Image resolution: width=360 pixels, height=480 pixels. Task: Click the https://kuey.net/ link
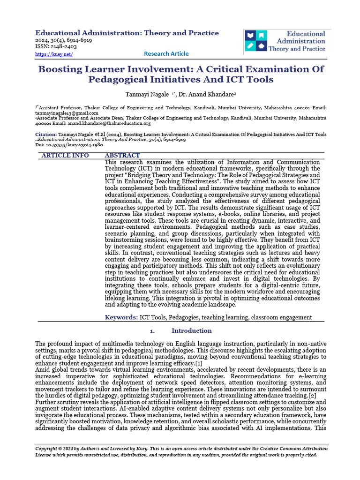tap(54, 54)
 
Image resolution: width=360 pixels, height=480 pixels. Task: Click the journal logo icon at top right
tap(255, 41)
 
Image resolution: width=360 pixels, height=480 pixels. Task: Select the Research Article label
tap(166, 54)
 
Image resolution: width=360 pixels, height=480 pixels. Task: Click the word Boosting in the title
tap(61, 69)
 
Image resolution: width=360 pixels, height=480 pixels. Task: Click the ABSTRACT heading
tap(122, 155)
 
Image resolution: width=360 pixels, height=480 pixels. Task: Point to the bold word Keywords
tap(121, 317)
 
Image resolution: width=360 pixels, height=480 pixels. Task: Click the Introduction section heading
tap(191, 331)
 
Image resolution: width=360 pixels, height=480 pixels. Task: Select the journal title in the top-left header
tap(127, 33)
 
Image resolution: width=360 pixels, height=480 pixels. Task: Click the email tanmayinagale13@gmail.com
tap(67, 113)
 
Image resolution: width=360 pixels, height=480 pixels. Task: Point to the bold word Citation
tap(46, 135)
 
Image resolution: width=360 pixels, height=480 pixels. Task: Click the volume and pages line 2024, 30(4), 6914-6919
tap(64, 40)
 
